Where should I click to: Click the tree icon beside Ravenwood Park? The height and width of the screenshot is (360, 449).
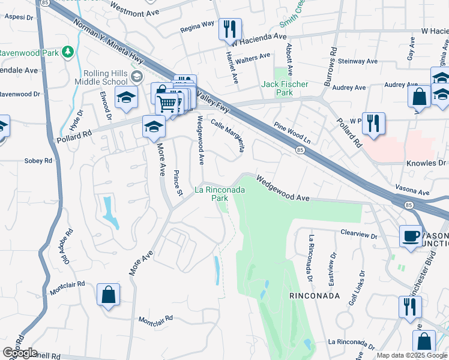click(69, 52)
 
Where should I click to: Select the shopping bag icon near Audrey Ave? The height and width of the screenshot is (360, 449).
click(419, 96)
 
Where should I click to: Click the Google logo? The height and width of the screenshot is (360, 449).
click(20, 353)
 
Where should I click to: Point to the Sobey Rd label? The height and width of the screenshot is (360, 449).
click(39, 161)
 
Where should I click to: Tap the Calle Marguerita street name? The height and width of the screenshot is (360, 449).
click(228, 135)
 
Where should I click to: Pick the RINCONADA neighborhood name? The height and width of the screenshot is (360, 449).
click(315, 296)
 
